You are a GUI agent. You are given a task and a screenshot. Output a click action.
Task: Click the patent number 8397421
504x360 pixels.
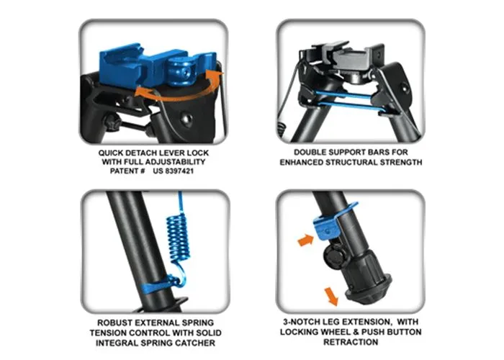point(179,171)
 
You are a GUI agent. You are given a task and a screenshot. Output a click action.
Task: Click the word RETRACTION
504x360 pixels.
point(351,342)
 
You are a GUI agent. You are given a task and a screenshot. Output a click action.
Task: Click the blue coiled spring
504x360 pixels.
point(178,236)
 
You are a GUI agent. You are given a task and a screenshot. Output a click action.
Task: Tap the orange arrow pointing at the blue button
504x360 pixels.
point(306,240)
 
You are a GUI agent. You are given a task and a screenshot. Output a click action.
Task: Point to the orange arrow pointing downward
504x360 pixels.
point(331,297)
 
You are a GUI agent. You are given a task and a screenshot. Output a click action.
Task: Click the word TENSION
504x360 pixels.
point(108,333)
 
